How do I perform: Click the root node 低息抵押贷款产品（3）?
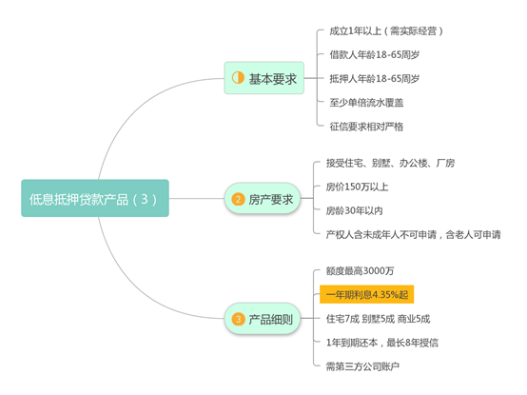(x=95, y=198)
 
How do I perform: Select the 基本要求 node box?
(x=264, y=78)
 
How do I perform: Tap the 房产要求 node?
(x=263, y=198)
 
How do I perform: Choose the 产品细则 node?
(x=263, y=319)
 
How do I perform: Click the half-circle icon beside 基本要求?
(x=238, y=78)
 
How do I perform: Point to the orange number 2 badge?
(x=238, y=199)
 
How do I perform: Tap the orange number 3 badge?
(x=238, y=319)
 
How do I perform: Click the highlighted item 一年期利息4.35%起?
(x=366, y=294)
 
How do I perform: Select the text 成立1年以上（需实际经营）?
(x=386, y=31)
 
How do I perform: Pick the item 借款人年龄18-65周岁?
(x=375, y=55)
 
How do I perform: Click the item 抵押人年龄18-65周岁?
(x=375, y=79)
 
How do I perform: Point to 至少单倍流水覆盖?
(x=366, y=103)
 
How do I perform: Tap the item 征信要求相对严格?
(x=366, y=127)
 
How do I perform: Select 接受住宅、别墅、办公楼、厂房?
(x=390, y=163)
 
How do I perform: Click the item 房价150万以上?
(x=357, y=187)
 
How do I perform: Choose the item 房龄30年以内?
(x=354, y=210)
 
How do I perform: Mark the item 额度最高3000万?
(x=360, y=270)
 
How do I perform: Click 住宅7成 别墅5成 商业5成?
(x=378, y=319)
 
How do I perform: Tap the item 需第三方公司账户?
(x=362, y=366)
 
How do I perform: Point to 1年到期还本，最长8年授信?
(x=382, y=343)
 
